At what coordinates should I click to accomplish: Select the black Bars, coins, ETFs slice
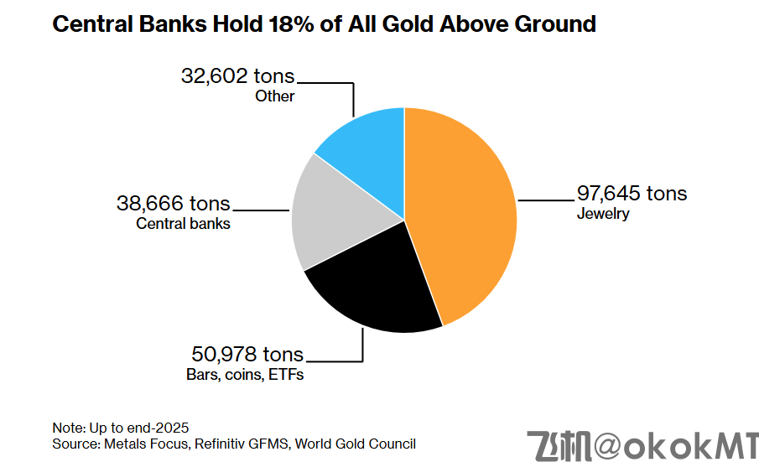coord(373,285)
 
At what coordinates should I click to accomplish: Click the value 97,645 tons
coord(632,194)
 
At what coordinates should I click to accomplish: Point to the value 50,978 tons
coord(247,355)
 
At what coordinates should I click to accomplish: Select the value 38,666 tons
coord(173,204)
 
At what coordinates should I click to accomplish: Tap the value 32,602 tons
coord(238,76)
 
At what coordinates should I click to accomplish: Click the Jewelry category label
coord(603,214)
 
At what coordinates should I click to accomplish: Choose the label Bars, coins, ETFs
coord(245,375)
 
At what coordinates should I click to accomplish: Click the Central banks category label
coord(183,224)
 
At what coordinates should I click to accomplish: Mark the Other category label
coord(275,96)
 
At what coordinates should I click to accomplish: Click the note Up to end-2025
coord(126,427)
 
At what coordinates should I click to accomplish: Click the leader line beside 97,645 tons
coord(544,200)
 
